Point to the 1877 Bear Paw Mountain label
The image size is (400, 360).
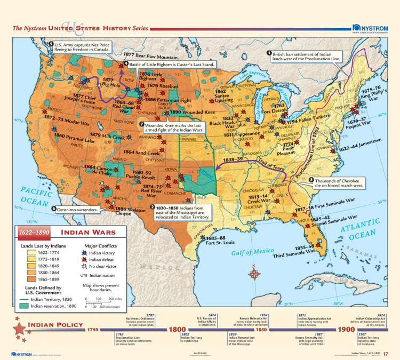coord(150,55)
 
